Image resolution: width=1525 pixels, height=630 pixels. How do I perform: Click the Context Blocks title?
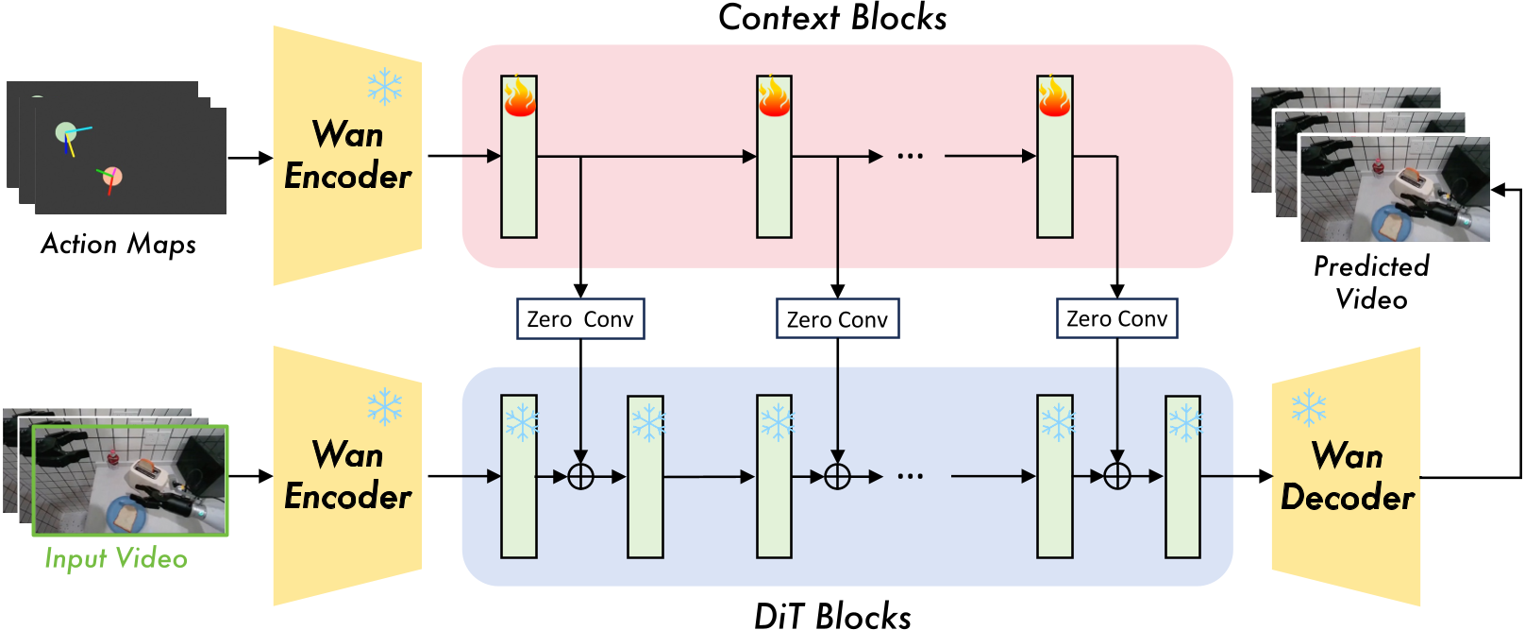pyautogui.click(x=832, y=18)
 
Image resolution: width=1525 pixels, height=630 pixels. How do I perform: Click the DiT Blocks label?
pyautogui.click(x=832, y=616)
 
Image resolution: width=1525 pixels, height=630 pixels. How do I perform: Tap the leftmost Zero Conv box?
pyautogui.click(x=580, y=319)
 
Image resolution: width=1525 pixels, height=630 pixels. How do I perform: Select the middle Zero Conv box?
pyautogui.click(x=837, y=319)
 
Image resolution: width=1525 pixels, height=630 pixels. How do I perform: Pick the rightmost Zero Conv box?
pyautogui.click(x=1116, y=319)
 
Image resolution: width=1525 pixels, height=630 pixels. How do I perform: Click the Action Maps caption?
pyautogui.click(x=118, y=244)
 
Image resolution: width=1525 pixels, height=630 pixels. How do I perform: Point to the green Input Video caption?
pyautogui.click(x=115, y=558)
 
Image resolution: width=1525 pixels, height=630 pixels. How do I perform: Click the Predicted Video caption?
pyautogui.click(x=1371, y=281)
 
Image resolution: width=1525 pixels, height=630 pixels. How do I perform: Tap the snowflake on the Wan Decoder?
pyautogui.click(x=1308, y=408)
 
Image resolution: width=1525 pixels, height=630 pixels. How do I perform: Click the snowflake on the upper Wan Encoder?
pyautogui.click(x=384, y=87)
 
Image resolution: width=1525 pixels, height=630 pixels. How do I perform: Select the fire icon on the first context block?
pyautogui.click(x=519, y=96)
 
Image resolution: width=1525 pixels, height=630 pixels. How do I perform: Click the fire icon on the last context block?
pyautogui.click(x=1054, y=96)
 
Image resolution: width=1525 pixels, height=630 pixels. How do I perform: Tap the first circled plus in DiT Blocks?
pyautogui.click(x=580, y=477)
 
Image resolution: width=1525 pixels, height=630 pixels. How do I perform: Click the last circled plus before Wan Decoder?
pyautogui.click(x=1116, y=477)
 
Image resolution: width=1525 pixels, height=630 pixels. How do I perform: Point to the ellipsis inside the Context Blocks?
pyautogui.click(x=910, y=157)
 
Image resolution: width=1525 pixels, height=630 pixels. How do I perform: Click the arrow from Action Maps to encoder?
pyautogui.click(x=250, y=158)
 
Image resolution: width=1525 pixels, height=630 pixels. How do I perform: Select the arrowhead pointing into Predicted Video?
pyautogui.click(x=1498, y=190)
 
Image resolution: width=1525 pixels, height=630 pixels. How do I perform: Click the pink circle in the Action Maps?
pyautogui.click(x=112, y=176)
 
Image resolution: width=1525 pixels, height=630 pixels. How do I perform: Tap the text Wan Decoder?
pyautogui.click(x=1347, y=477)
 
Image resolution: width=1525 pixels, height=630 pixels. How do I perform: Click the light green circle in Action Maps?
pyautogui.click(x=65, y=132)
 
